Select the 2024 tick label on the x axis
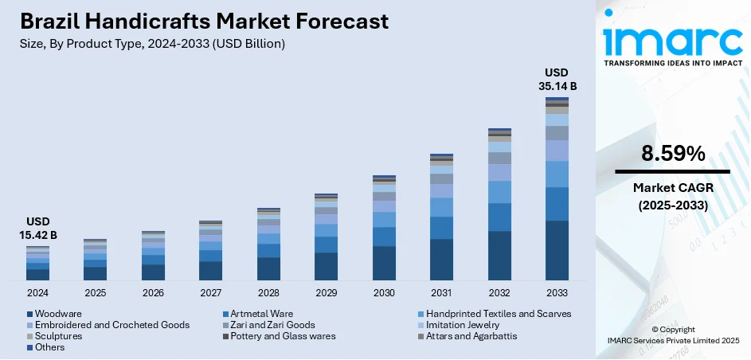pos(37,293)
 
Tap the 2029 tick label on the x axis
pos(326,293)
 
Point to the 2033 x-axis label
pos(557,293)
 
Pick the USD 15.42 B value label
pos(37,229)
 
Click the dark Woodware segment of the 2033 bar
pos(557,251)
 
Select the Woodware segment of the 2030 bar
pos(384,264)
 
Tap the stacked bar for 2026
pos(153,256)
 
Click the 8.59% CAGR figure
pos(673,154)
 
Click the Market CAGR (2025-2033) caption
pos(673,195)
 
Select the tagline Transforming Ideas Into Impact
pos(673,62)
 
